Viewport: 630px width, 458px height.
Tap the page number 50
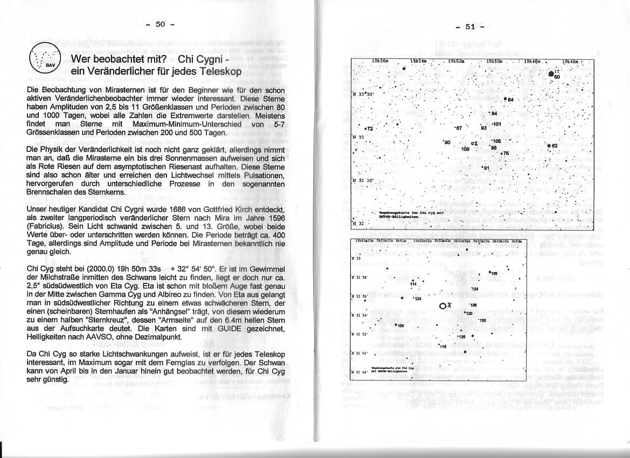[x=160, y=24]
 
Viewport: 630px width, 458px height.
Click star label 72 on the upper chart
[x=369, y=129]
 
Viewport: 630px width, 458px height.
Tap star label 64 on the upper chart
[x=510, y=100]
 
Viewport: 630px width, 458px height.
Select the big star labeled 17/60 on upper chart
[x=551, y=74]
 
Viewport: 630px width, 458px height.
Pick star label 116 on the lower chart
[x=444, y=346]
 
